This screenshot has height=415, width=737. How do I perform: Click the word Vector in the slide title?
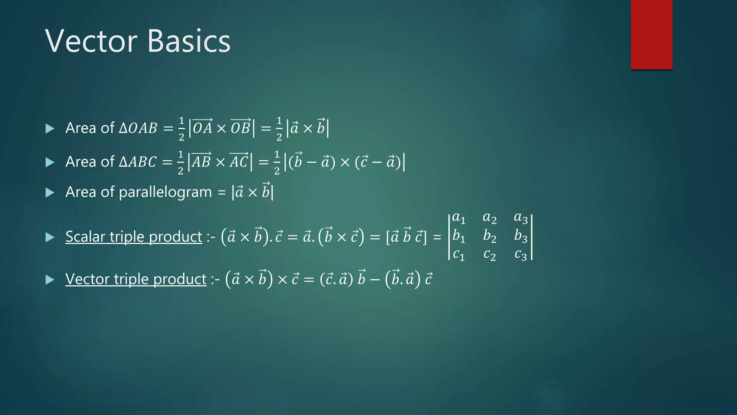pos(91,41)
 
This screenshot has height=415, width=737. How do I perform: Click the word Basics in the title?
pos(189,41)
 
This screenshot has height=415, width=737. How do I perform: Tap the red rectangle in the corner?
pos(651,35)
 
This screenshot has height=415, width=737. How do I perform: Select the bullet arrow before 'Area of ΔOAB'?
pos(50,129)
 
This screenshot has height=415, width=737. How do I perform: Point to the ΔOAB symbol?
pos(138,128)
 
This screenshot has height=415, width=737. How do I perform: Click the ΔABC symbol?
pos(138,162)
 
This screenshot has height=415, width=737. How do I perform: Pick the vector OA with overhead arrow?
pos(203,127)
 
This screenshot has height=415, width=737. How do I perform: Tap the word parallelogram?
pos(165,192)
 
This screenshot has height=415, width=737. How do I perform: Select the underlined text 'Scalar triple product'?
pos(134,237)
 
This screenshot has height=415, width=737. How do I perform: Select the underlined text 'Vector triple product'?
pos(136,279)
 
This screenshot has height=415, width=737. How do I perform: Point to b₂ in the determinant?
pos(489,236)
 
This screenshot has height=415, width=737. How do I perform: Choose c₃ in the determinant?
pos(521,255)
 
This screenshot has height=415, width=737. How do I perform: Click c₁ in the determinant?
pos(458,255)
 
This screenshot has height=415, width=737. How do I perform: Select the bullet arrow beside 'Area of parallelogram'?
pos(50,192)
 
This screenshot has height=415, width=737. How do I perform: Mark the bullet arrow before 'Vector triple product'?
pos(50,280)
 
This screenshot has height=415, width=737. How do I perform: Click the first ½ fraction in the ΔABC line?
pos(181,162)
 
